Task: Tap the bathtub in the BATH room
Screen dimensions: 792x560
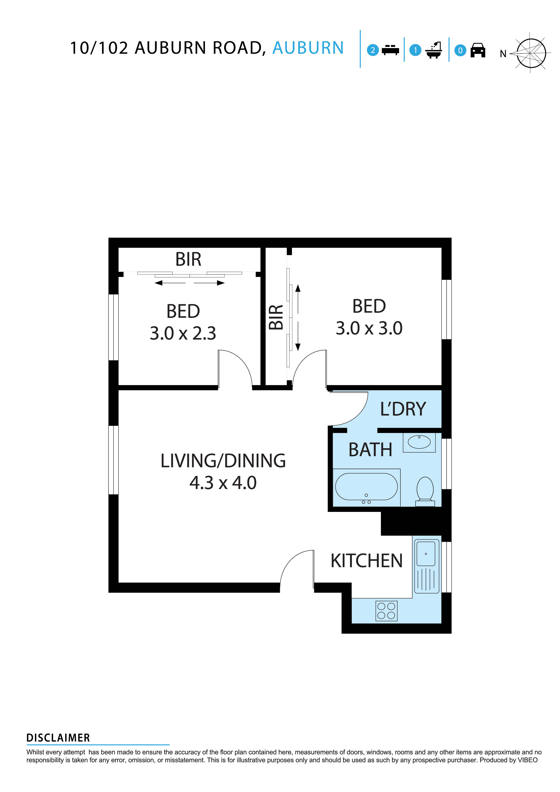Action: (366, 487)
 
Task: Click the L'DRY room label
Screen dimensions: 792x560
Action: (403, 409)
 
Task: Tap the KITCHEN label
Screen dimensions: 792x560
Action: (366, 561)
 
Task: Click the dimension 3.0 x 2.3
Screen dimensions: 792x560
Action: (183, 333)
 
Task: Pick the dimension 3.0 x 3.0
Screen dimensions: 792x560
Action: (369, 328)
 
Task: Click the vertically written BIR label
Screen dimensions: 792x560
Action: (276, 317)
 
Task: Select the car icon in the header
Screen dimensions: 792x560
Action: (478, 50)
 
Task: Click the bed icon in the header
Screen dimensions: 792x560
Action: (390, 50)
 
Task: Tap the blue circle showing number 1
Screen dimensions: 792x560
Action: (415, 50)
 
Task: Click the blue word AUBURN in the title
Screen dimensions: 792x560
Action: (308, 48)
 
